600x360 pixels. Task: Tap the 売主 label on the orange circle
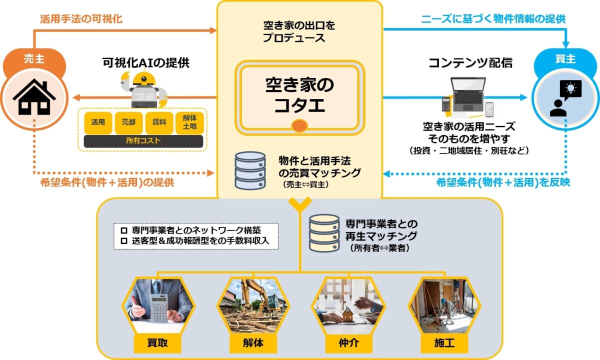pos(34,59)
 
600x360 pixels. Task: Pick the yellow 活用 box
pos(98,122)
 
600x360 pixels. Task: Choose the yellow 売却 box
pos(128,122)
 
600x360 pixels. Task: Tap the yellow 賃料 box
pos(159,122)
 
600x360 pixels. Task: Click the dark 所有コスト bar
pos(143,141)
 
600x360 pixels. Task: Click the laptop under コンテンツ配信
pos(467,90)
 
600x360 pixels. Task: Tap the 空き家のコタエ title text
pos(299,95)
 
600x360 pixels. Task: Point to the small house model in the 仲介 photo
pos(348,314)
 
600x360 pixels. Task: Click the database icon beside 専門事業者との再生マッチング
pos(324,232)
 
